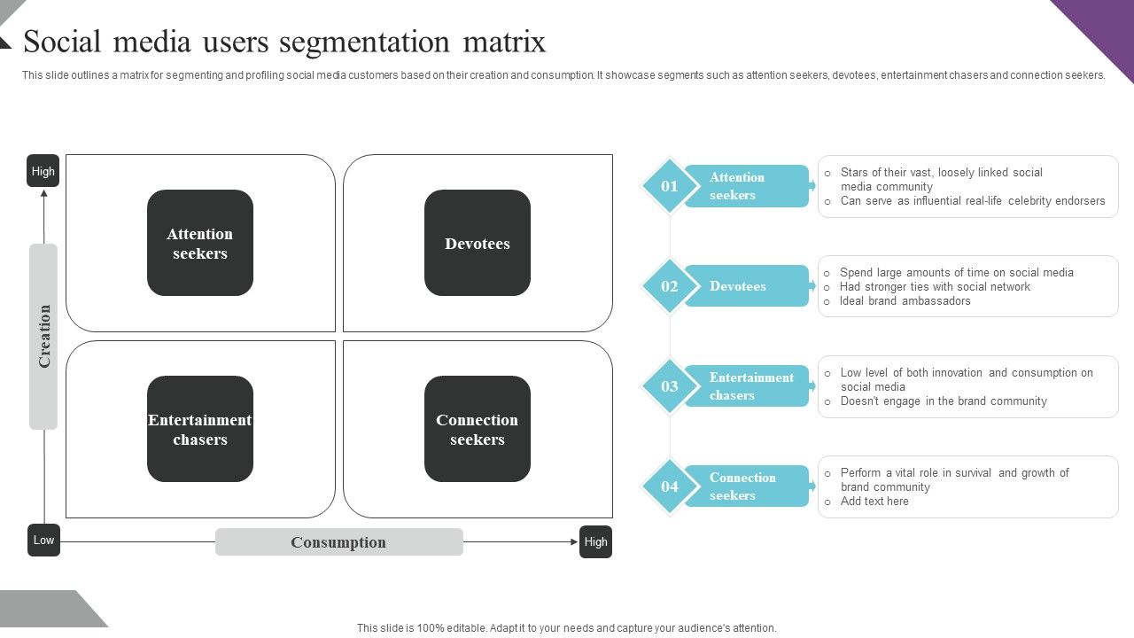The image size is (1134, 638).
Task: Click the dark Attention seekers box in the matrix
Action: [200, 243]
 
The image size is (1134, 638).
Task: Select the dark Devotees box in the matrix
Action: [478, 243]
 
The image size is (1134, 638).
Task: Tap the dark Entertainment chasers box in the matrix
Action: [200, 429]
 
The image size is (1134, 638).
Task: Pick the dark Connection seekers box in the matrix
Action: [478, 429]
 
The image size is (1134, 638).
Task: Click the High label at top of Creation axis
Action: [43, 171]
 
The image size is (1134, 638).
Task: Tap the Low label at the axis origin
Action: [43, 540]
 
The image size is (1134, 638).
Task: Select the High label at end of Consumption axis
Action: [595, 541]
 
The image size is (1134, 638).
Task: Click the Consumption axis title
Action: [338, 542]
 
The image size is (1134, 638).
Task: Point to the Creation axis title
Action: [43, 337]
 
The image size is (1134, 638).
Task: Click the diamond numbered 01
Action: [670, 186]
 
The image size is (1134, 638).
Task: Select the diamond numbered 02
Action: [670, 286]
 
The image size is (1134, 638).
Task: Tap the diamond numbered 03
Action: [670, 386]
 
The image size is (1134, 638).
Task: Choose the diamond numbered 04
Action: [670, 486]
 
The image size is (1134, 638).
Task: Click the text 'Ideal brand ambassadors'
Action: [905, 301]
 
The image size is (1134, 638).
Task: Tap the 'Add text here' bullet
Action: [874, 502]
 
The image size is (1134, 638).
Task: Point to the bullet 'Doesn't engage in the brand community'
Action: [943, 401]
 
